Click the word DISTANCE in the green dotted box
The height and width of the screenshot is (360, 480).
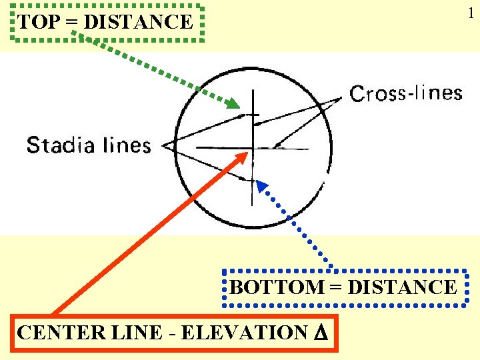click(x=139, y=22)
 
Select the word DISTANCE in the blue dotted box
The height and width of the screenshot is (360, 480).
click(x=402, y=287)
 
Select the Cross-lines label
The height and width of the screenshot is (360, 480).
click(x=406, y=93)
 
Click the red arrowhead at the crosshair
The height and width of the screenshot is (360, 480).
click(x=243, y=156)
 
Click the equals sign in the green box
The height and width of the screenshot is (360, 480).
click(x=74, y=22)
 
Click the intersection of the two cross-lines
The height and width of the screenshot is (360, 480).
click(x=252, y=147)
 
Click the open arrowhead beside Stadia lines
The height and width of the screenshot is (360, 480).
click(x=169, y=145)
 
